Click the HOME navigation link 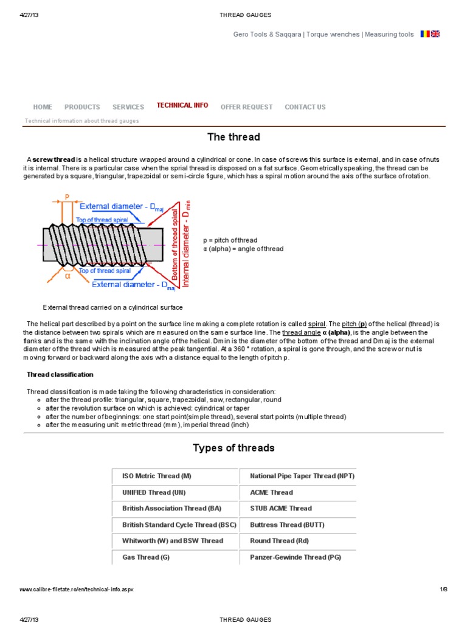(x=43, y=107)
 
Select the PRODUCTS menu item (x=82, y=107)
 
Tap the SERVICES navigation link (x=128, y=107)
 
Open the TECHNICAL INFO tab (x=182, y=105)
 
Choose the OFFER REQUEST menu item (x=246, y=107)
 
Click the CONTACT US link (x=305, y=107)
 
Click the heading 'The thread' (x=233, y=137)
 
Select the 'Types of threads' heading (x=233, y=448)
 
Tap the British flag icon (x=435, y=34)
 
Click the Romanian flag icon (x=425, y=34)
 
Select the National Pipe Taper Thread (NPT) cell (x=302, y=476)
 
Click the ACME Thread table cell (x=271, y=493)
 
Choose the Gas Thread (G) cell (x=146, y=557)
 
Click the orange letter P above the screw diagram (x=66, y=197)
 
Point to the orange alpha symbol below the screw (x=67, y=275)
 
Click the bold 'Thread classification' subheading (x=60, y=374)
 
